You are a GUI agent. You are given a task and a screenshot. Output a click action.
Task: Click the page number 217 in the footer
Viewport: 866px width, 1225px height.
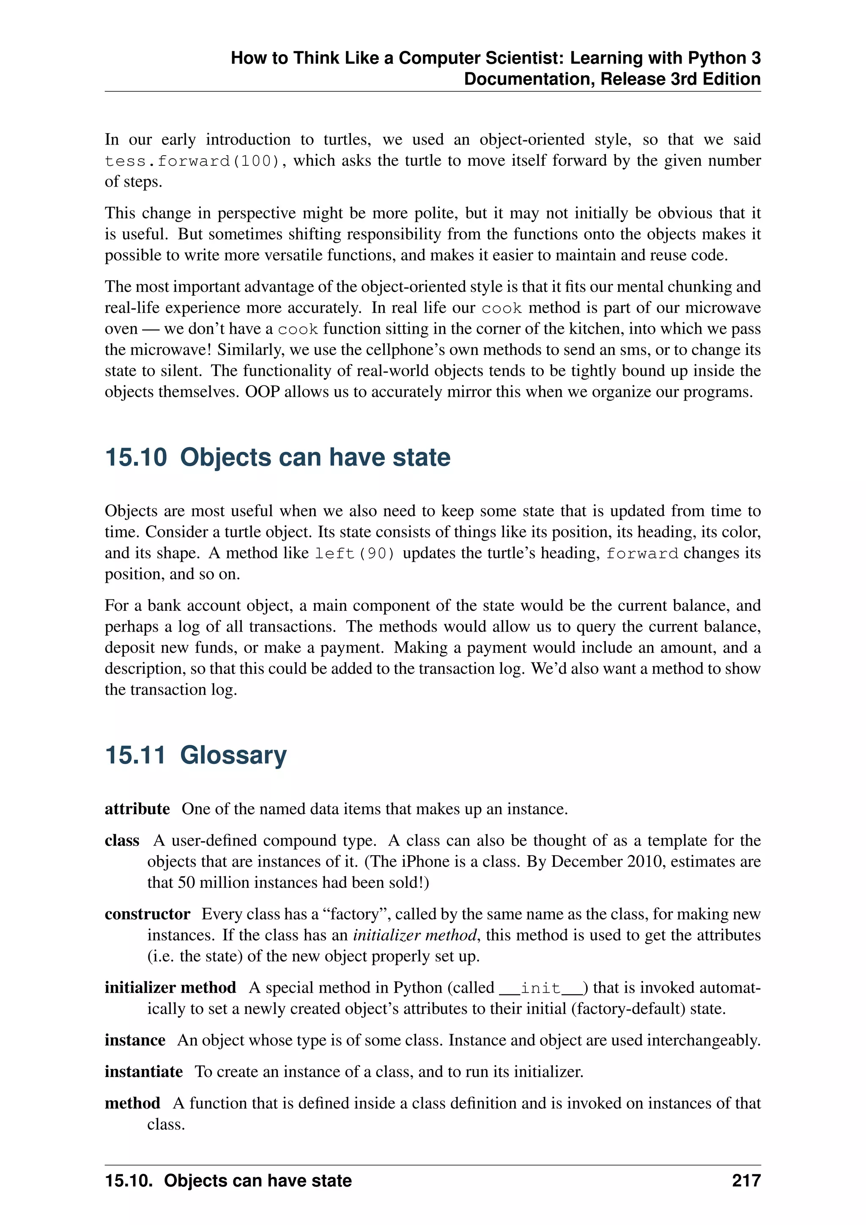[x=745, y=1181]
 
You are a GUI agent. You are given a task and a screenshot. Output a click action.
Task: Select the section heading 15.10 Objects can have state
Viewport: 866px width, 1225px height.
[x=277, y=457]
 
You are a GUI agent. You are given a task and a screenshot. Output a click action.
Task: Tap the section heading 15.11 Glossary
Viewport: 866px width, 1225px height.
[x=196, y=755]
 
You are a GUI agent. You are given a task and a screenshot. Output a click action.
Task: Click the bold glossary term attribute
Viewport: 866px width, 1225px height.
[x=137, y=809]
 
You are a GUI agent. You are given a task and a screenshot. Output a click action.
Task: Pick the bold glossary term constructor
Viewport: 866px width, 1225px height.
[x=147, y=914]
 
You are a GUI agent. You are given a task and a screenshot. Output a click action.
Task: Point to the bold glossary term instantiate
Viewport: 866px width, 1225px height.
[x=143, y=1071]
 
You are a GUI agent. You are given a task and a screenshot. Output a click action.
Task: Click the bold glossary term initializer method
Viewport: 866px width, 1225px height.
[x=170, y=988]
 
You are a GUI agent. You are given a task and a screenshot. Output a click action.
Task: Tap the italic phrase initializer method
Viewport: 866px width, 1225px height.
[x=415, y=935]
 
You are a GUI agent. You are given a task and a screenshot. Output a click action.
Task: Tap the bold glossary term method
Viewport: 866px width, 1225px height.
[x=132, y=1103]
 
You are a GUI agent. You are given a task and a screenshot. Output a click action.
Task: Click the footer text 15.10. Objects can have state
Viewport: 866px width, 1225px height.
[x=228, y=1181]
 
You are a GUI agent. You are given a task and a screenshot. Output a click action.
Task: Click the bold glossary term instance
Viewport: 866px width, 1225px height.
[x=135, y=1040]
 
